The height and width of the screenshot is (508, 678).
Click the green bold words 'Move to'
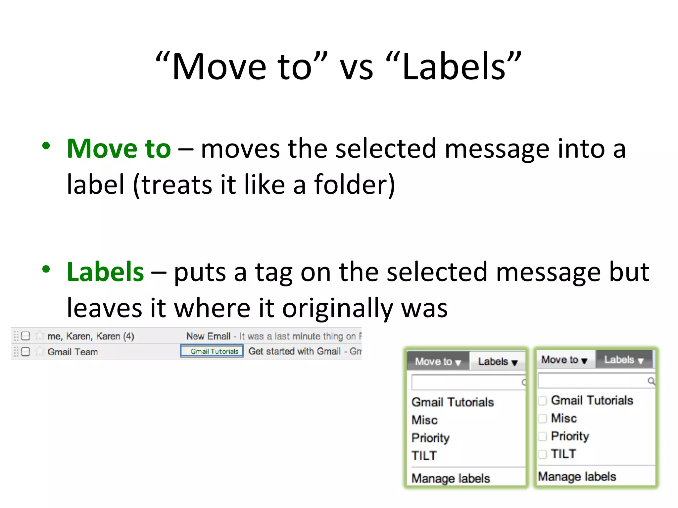point(119,149)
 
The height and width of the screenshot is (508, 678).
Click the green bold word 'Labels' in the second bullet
point(105,272)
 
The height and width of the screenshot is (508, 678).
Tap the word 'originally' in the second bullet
point(337,308)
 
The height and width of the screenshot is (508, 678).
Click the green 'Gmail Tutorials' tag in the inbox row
point(214,351)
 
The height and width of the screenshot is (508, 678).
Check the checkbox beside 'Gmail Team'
point(25,352)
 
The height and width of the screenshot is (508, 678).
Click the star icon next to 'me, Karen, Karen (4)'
point(40,336)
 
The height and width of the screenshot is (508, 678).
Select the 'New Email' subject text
point(208,336)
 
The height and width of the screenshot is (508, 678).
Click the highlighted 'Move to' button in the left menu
point(438,361)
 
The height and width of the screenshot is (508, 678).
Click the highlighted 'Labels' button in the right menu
point(623,360)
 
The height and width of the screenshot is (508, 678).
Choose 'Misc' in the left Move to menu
point(424,420)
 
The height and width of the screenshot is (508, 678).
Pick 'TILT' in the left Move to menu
point(424,456)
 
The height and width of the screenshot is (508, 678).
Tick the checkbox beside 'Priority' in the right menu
point(542,436)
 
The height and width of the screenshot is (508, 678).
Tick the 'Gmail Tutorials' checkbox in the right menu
point(542,401)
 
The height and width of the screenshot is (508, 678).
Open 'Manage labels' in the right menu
point(577,477)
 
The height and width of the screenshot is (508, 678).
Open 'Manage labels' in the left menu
point(451,479)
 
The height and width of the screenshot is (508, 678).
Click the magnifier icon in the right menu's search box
point(651,381)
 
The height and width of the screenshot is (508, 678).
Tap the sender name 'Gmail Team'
point(73,352)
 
